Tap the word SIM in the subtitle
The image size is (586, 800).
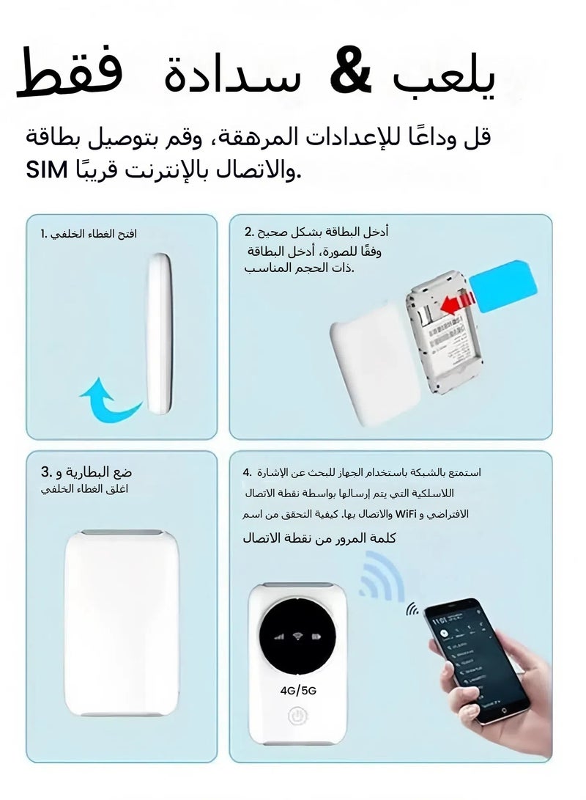pyautogui.click(x=47, y=173)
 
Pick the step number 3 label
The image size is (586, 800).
pyautogui.click(x=45, y=471)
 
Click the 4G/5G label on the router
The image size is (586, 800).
pyautogui.click(x=297, y=689)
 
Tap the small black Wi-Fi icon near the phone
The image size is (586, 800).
pyautogui.click(x=413, y=609)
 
